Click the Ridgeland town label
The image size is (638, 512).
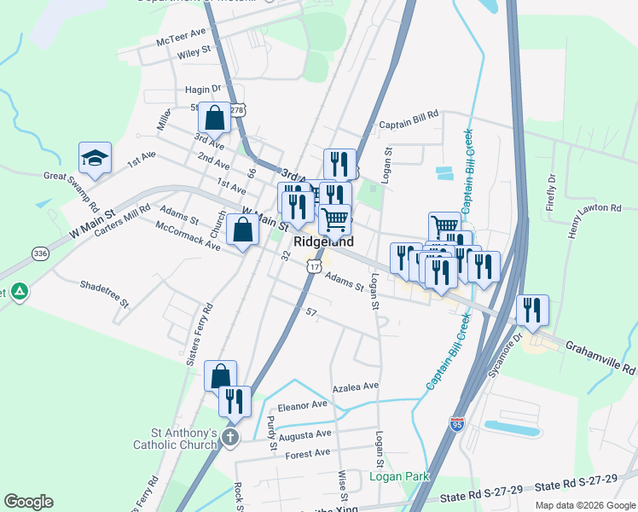323,242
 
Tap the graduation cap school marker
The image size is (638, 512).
96,157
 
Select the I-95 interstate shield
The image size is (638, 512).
457,423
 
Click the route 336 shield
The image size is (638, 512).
40,253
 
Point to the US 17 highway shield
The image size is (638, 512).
313,268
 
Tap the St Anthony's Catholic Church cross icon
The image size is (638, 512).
229,438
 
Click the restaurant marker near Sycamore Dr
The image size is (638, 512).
532,311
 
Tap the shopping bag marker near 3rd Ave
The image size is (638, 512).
215,118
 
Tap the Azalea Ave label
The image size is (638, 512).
355,387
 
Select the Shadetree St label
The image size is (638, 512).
103,294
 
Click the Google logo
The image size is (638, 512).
28,502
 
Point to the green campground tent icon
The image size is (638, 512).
20,291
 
